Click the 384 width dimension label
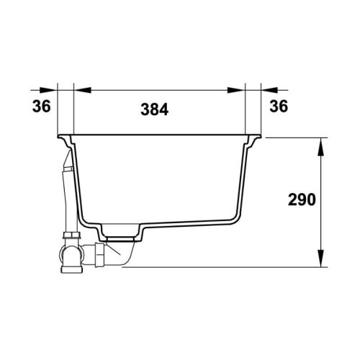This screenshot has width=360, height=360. point(154,109)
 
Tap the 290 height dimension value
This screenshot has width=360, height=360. point(302,199)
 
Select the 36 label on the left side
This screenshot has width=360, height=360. point(42,106)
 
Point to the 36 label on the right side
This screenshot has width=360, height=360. point(279,106)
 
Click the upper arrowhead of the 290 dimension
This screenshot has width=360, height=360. point(320,147)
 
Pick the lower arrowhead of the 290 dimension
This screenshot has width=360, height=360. point(320,258)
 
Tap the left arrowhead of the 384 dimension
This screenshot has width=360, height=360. point(83,90)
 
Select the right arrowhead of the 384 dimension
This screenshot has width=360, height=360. point(236,90)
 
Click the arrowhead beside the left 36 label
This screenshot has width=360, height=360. point(49,90)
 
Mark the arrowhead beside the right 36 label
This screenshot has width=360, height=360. point(270,90)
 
